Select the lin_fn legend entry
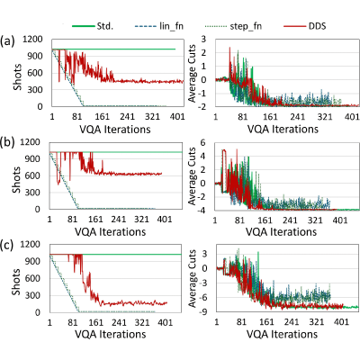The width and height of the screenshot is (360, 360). coord(159,26)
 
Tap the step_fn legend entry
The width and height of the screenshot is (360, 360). coord(234,26)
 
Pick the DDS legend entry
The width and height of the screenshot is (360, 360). coord(305,26)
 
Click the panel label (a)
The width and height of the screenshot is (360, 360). coord(7,40)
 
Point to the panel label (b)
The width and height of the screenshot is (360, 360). coord(7,142)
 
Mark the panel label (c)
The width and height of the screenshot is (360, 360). coord(7,246)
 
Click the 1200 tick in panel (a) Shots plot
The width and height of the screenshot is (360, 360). coord(33,40)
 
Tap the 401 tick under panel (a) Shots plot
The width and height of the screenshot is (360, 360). coord(177,116)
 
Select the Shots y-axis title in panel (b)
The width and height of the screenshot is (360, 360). coord(16,180)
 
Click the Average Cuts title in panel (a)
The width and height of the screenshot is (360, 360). coord(192,73)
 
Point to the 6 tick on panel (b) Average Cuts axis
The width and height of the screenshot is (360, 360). coord(203,142)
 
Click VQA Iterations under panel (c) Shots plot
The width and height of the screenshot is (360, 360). coord(110,334)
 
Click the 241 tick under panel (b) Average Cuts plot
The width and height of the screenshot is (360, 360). coord(290,220)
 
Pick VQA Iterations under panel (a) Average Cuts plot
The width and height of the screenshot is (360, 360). coord(283,130)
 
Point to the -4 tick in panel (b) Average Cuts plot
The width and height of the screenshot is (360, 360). coord(202,210)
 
